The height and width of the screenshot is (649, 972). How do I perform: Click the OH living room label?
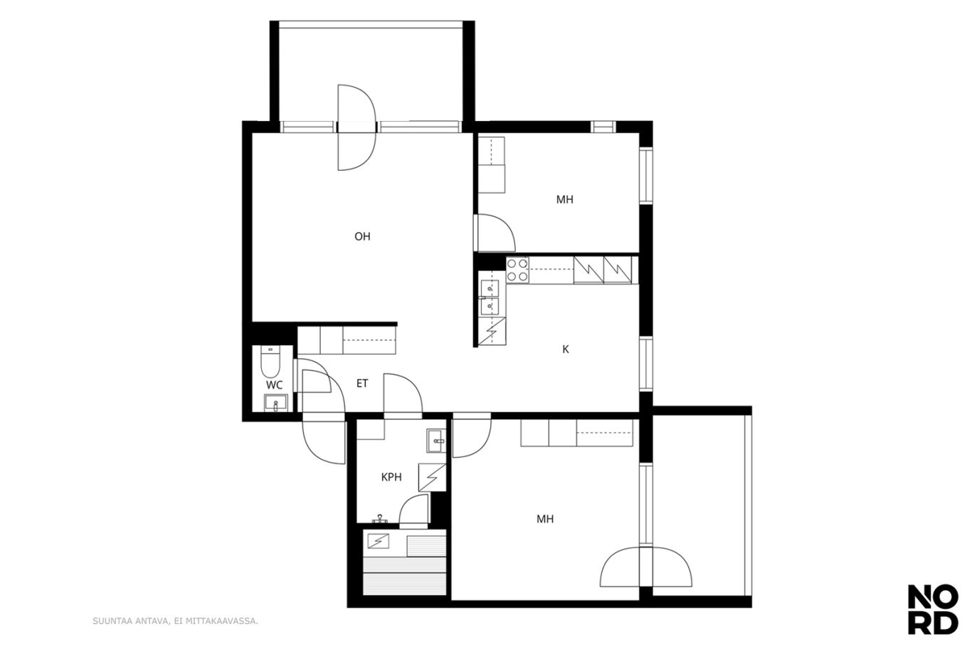tap(362, 236)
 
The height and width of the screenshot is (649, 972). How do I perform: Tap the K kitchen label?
tap(566, 349)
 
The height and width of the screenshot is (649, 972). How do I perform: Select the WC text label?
tap(274, 385)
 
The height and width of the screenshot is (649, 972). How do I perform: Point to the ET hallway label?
tap(362, 384)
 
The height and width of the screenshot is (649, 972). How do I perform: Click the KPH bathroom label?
tap(391, 477)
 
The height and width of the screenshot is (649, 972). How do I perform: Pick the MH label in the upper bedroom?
tap(564, 199)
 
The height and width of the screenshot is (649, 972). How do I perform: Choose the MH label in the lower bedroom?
tap(545, 519)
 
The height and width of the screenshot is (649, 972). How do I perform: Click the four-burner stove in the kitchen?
tap(517, 270)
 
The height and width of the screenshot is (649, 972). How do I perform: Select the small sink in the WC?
tap(275, 403)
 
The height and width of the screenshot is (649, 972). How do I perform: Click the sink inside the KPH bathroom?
tap(436, 440)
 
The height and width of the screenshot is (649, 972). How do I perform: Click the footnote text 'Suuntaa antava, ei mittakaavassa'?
tap(175, 621)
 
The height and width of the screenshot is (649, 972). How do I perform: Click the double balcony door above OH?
tap(356, 127)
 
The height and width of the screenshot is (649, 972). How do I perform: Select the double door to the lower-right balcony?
tap(646, 567)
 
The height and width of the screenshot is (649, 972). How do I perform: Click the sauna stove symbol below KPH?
tap(378, 541)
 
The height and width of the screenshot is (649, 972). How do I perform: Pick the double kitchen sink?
tap(490, 297)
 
